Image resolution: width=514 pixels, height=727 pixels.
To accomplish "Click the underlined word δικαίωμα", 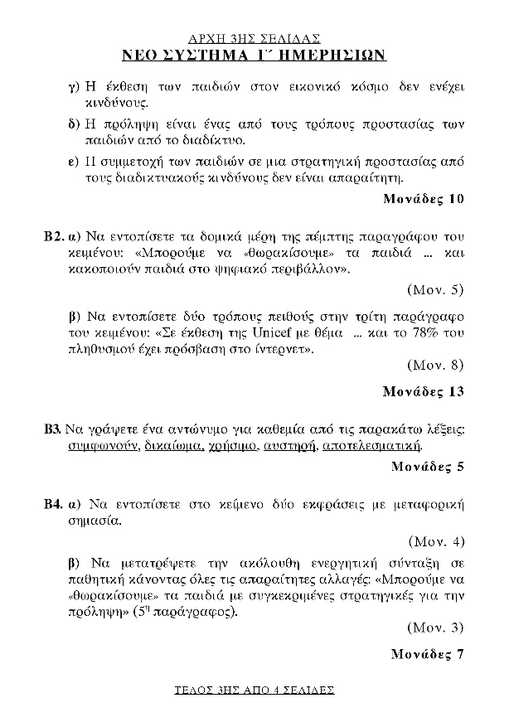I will point(168,446).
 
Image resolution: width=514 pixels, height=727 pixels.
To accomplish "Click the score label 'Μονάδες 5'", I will point(427,466).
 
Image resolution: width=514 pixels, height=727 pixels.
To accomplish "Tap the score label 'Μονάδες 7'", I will point(427,653).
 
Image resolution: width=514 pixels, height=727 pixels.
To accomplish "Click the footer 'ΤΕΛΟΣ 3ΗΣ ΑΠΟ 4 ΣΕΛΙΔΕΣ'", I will point(255,689).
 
